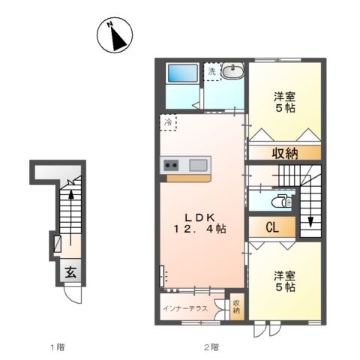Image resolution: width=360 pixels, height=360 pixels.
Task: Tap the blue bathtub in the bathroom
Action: [x=182, y=73]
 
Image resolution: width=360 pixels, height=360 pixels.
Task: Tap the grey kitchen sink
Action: [x=199, y=165]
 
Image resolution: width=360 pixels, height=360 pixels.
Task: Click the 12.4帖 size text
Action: [x=198, y=228]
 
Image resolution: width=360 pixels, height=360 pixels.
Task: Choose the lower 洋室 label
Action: [x=283, y=274]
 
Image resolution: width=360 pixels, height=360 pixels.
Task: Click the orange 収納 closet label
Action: [x=284, y=154]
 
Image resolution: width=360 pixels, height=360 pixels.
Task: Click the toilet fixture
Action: [x=282, y=202]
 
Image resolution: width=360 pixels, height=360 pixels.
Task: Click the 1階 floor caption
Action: [x=57, y=346]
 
